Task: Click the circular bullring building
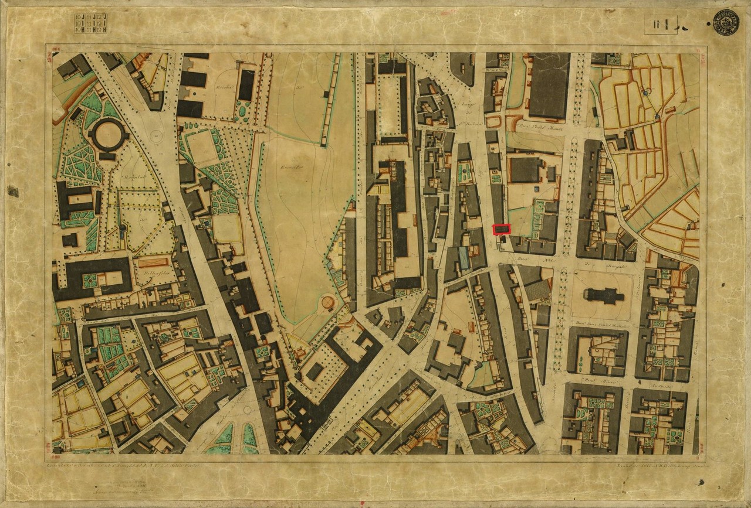pyautogui.click(x=109, y=135)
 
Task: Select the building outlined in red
pyautogui.click(x=502, y=229)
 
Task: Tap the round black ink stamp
pyautogui.click(x=726, y=22)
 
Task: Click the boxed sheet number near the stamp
pyautogui.click(x=660, y=25)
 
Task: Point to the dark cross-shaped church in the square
pyautogui.click(x=604, y=295)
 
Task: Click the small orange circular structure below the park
pyautogui.click(x=327, y=303)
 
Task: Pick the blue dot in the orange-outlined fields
pyautogui.click(x=647, y=93)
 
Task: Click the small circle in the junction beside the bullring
pyautogui.click(x=156, y=135)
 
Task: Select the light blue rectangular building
pyautogui.click(x=464, y=258)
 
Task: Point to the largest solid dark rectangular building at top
pyautogui.click(x=549, y=86)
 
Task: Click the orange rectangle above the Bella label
pyautogui.click(x=154, y=262)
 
